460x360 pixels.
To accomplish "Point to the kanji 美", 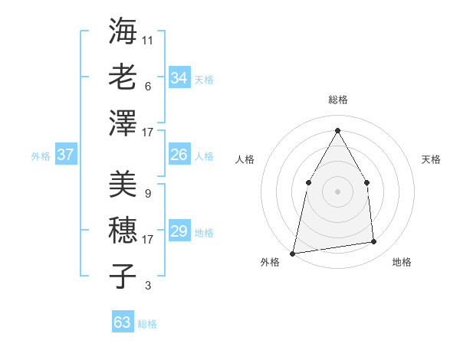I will pos(123,184).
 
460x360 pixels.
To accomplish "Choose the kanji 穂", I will pos(123,230).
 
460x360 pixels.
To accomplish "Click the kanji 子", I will pos(123,276).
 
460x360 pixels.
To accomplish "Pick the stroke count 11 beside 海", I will pos(148,39).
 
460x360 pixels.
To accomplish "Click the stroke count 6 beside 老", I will pos(147,86).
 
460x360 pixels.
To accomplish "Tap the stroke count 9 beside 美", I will pos(147,193).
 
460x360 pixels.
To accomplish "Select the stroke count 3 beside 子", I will pos(147,286).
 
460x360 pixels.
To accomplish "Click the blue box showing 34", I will pos(179,78).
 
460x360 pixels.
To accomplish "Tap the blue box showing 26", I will pos(179,155).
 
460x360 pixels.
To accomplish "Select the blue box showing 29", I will pos(179,231).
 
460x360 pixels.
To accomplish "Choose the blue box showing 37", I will pos(65,155).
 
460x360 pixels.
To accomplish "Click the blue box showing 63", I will pos(123,322).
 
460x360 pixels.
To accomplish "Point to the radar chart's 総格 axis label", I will pos(337,100).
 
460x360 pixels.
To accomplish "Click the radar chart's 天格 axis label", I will pos(431,159).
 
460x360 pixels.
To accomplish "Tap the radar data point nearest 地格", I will pos(374,242).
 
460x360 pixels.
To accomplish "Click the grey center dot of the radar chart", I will pos(337,191).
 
